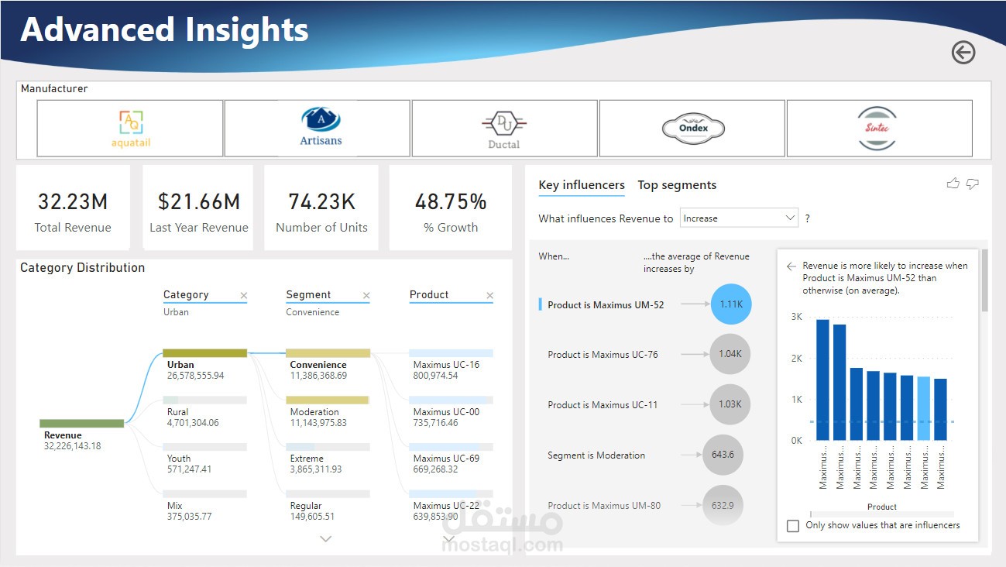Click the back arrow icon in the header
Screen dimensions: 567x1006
click(x=963, y=53)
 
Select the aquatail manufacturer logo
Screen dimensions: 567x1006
click(x=130, y=129)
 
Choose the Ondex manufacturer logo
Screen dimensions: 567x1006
click(x=692, y=129)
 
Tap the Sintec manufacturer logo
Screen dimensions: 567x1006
click(x=878, y=129)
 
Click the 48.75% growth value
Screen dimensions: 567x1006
click(x=451, y=202)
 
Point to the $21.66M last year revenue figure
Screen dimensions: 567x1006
click(x=199, y=202)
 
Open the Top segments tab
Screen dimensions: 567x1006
click(x=677, y=185)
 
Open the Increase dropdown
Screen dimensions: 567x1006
click(x=739, y=218)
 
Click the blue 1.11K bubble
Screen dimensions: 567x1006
click(x=730, y=304)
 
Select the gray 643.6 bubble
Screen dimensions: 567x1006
click(x=722, y=455)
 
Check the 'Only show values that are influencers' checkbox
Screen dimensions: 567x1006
click(x=793, y=526)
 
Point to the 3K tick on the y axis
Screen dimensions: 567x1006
click(x=796, y=317)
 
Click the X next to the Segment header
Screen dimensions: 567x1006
click(x=366, y=296)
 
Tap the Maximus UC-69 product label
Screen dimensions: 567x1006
click(x=446, y=459)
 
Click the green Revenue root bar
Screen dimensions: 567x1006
click(x=82, y=424)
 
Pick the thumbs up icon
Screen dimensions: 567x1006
click(x=953, y=184)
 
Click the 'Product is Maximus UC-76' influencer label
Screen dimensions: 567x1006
click(x=603, y=355)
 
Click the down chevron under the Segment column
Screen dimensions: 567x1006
click(x=326, y=538)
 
